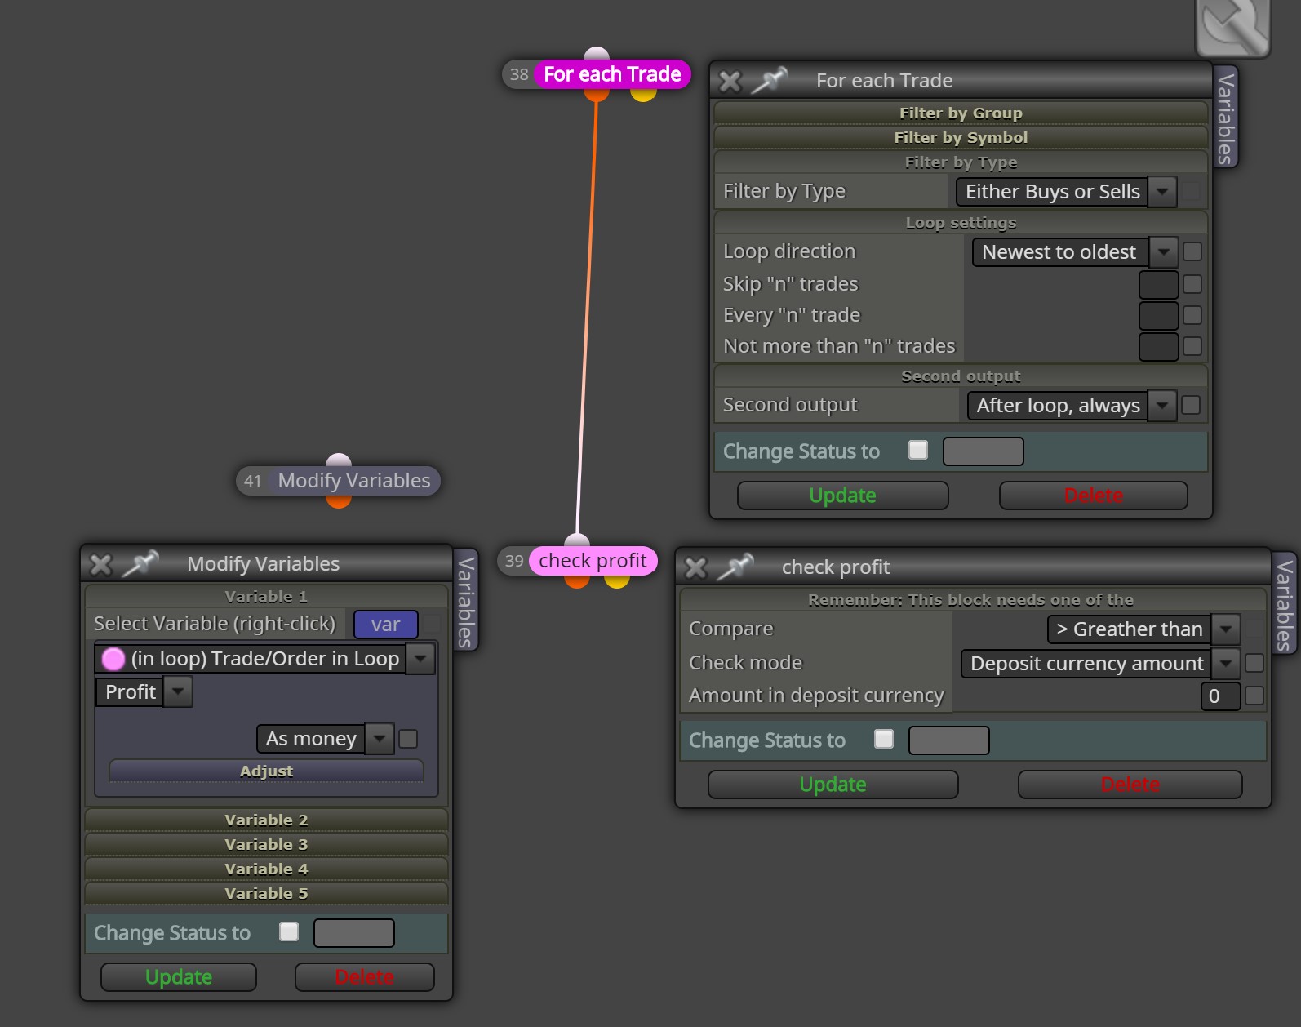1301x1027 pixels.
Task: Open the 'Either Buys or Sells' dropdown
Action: tap(1067, 192)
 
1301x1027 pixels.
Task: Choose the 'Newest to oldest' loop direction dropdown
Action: tap(1075, 252)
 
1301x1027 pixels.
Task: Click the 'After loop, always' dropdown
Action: tap(1072, 405)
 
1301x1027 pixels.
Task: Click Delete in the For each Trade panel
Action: tap(1093, 496)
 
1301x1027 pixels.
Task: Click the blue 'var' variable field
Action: tap(386, 625)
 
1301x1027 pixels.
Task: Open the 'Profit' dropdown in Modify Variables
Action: tap(144, 692)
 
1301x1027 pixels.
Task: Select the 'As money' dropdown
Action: tap(325, 739)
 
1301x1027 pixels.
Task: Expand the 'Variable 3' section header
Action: tap(267, 844)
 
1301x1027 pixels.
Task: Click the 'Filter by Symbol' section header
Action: tap(961, 138)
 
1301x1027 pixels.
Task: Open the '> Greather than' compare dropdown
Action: tap(1143, 629)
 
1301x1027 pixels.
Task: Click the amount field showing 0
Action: tap(1220, 696)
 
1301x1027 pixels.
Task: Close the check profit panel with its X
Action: tap(696, 567)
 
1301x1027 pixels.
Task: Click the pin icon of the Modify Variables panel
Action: tap(141, 563)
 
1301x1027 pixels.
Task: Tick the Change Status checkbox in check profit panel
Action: tap(884, 739)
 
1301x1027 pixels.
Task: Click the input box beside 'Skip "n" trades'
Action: tap(1158, 284)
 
